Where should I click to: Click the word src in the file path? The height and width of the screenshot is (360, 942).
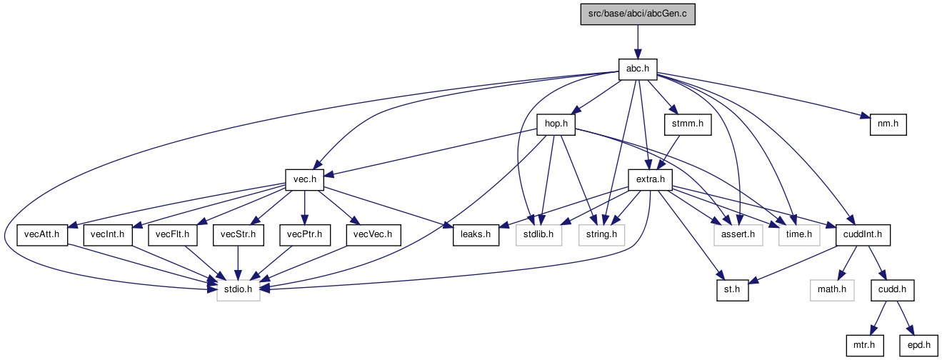tap(594, 14)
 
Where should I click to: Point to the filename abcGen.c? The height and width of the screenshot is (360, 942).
tap(666, 14)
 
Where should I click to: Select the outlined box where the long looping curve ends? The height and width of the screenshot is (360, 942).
tap(239, 290)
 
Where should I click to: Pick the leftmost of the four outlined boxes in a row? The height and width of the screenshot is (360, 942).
tap(539, 235)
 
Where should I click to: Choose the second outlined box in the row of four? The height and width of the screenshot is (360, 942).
tap(602, 235)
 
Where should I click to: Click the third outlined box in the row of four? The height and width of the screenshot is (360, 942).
tap(738, 235)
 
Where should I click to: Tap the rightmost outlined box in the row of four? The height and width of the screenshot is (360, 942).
tap(799, 235)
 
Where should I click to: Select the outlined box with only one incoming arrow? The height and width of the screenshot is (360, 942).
tap(832, 290)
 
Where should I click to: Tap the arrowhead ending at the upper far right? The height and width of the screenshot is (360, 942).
tap(865, 116)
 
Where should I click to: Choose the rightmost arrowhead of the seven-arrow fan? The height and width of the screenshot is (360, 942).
tap(448, 226)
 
